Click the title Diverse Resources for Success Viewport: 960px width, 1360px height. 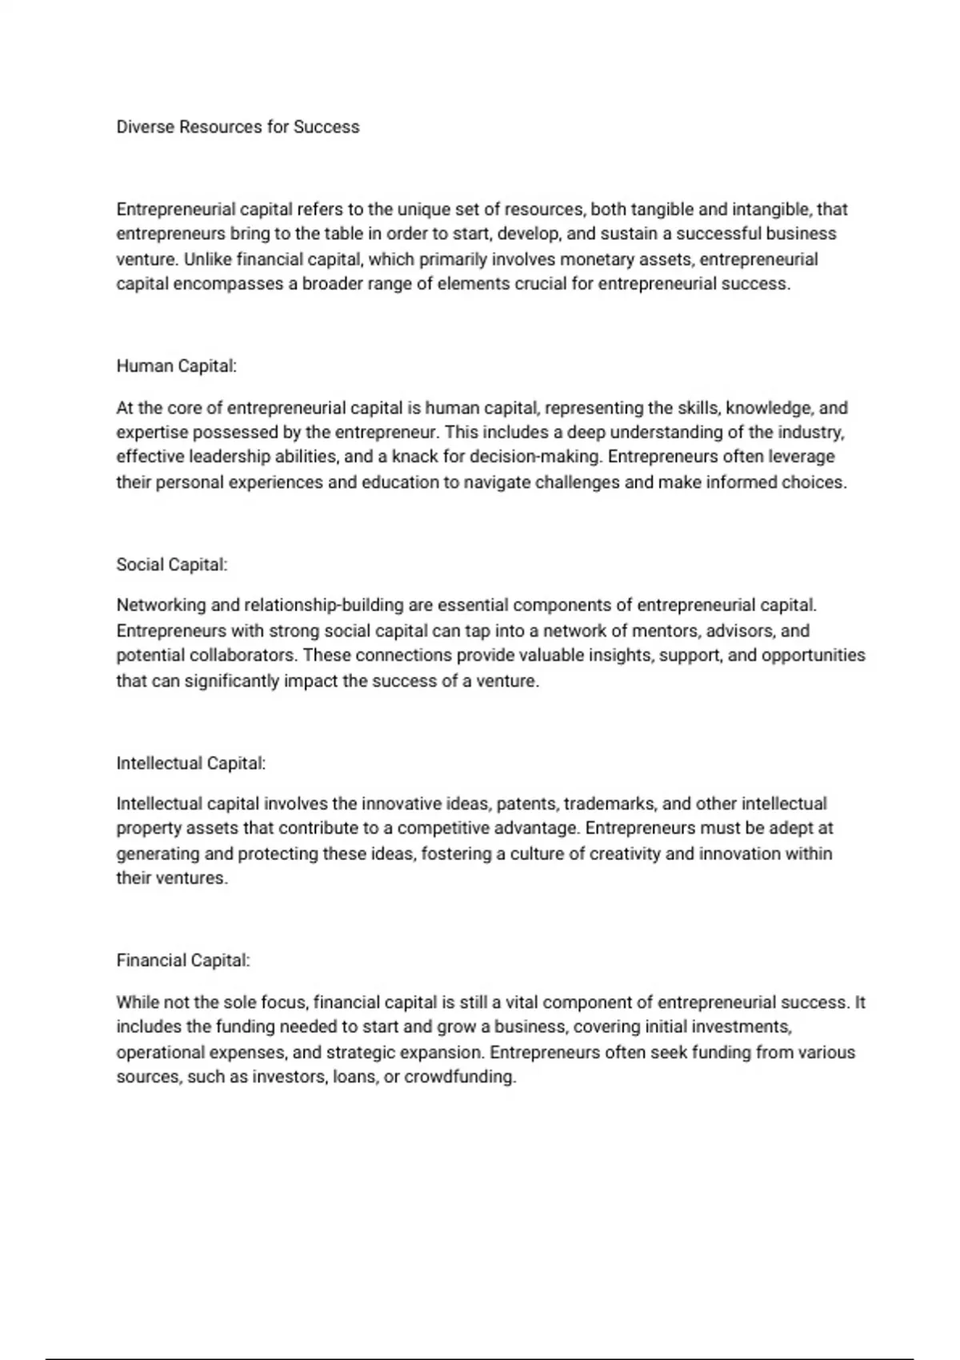(x=238, y=127)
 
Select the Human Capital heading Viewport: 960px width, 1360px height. (x=176, y=366)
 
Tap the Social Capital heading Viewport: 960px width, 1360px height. (x=172, y=565)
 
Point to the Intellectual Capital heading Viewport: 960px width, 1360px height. (x=190, y=763)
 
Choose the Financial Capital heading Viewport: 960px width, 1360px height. (x=183, y=961)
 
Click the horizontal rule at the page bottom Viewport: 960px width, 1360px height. (x=480, y=1358)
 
